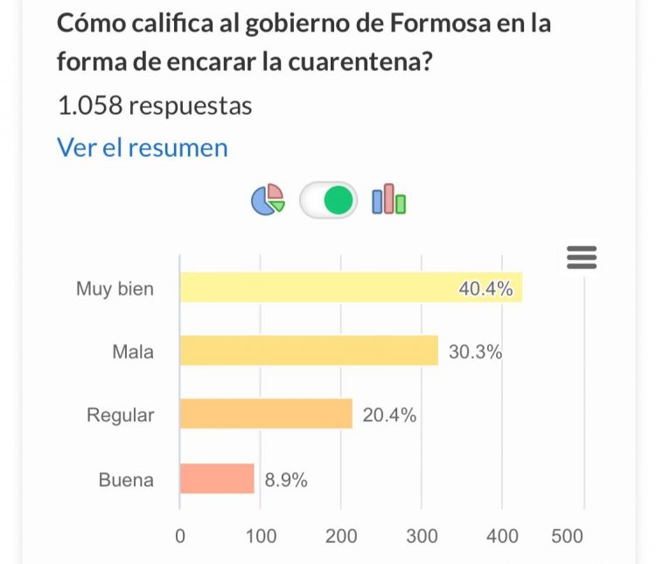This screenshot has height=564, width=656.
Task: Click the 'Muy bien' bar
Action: (350, 287)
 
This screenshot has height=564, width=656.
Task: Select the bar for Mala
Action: (309, 351)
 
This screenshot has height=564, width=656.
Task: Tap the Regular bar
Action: (266, 414)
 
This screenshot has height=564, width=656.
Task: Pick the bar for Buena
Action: (217, 478)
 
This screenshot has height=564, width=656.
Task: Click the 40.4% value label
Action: (485, 288)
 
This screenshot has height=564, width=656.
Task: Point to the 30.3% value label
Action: (475, 352)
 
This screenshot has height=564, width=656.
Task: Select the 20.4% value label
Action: (389, 415)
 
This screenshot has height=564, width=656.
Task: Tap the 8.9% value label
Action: (286, 479)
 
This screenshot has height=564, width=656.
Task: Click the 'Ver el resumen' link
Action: (142, 147)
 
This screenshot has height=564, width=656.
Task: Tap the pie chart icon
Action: (268, 200)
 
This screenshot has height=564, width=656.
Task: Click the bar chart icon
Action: (389, 200)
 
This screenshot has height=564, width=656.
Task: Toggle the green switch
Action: (329, 200)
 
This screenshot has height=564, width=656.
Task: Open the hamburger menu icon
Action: (582, 257)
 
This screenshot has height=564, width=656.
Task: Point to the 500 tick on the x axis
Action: (568, 536)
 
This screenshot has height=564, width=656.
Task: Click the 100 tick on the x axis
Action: (261, 536)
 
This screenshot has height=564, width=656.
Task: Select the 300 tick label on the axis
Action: (422, 536)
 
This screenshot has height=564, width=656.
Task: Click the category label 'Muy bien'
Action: (115, 288)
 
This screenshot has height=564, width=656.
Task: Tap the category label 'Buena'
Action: (126, 479)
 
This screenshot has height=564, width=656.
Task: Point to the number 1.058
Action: (89, 106)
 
